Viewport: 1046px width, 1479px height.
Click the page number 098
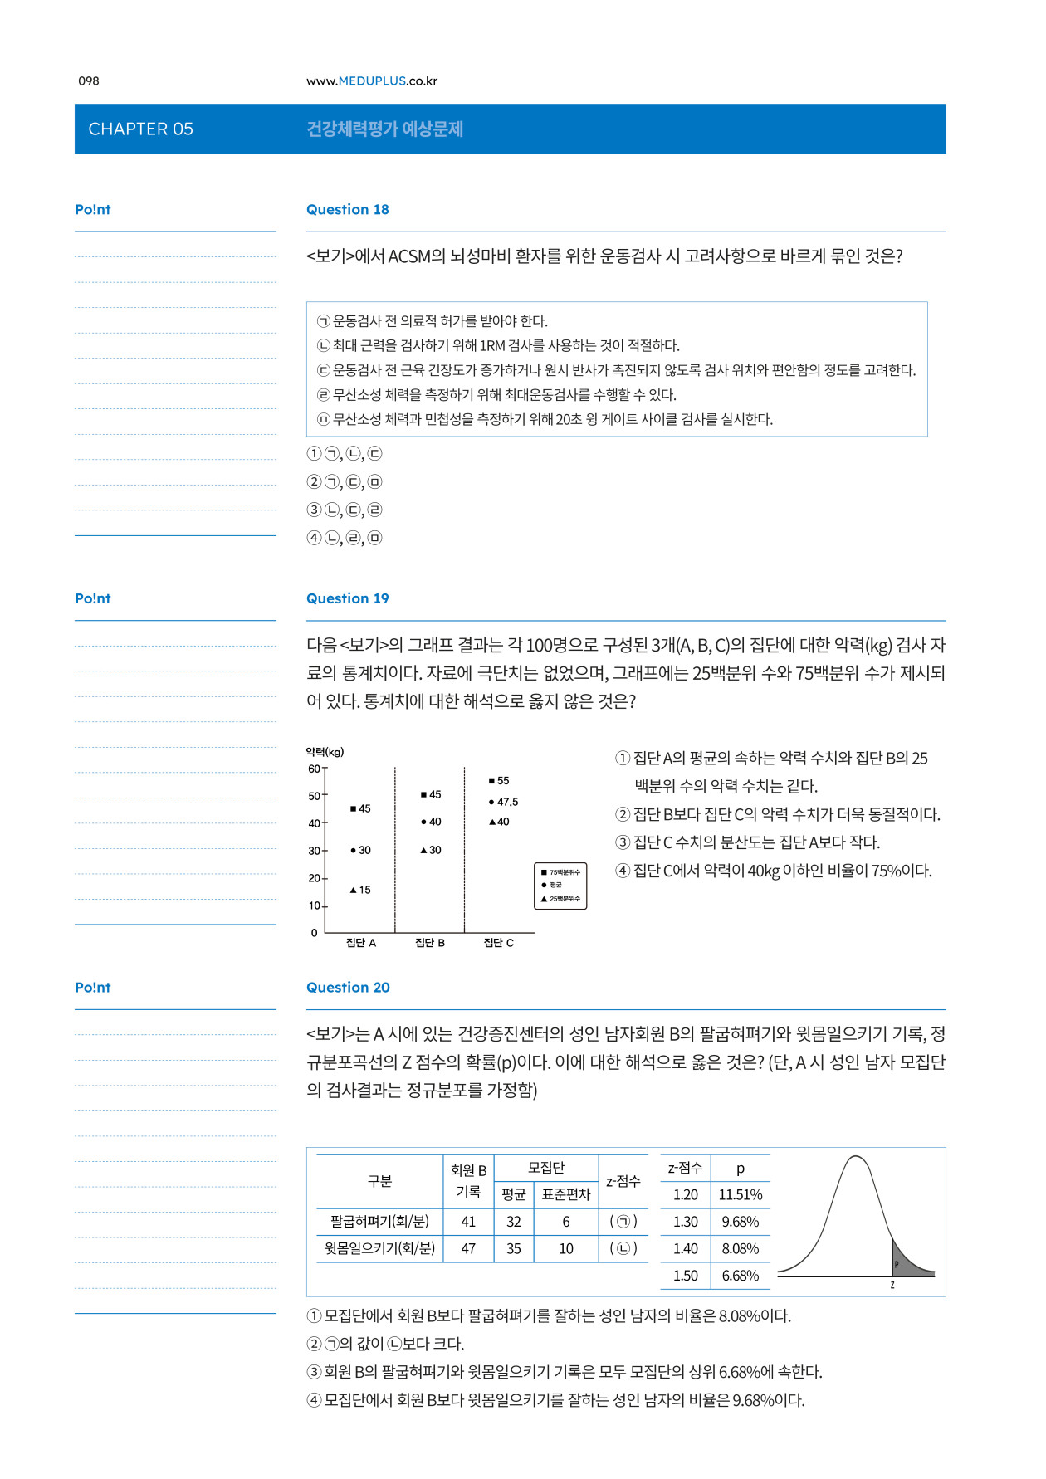point(89,81)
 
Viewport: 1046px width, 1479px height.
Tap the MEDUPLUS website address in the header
point(371,81)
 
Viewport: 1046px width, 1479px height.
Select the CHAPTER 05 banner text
point(140,129)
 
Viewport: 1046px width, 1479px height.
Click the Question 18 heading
point(347,209)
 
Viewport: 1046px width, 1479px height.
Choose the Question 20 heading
point(348,987)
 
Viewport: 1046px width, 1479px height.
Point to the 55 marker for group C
point(499,781)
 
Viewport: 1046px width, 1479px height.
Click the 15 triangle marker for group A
point(360,890)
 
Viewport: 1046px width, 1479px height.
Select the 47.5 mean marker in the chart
point(503,802)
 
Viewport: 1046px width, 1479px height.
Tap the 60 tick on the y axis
point(314,769)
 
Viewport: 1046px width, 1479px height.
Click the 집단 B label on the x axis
point(430,943)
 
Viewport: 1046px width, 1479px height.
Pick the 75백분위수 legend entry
point(560,872)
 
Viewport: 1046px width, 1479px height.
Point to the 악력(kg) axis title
point(325,752)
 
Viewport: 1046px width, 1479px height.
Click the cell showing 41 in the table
point(468,1222)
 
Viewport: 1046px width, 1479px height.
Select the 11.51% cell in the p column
point(740,1195)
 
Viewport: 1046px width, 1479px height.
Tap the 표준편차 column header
point(565,1194)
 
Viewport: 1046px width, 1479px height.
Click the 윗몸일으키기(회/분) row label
point(379,1248)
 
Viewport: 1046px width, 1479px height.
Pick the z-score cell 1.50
point(685,1276)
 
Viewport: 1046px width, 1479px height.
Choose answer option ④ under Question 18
point(344,538)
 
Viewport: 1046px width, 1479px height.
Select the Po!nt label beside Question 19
point(92,598)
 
